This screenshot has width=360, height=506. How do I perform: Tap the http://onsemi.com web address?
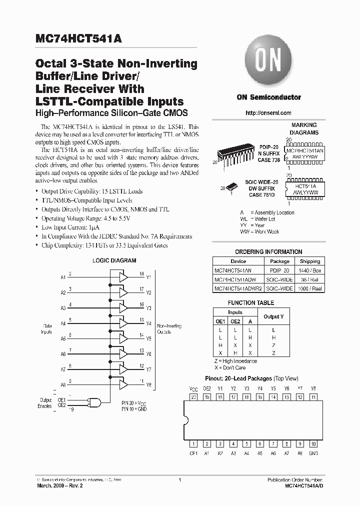[268, 113]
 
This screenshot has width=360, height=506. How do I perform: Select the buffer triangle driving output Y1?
[123, 276]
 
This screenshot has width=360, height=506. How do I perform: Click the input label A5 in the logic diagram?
[63, 338]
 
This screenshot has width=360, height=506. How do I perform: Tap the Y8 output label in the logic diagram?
[148, 385]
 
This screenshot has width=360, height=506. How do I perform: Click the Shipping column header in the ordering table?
[310, 261]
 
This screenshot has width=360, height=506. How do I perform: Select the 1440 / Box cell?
[310, 270]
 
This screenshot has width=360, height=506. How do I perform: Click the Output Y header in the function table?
[273, 316]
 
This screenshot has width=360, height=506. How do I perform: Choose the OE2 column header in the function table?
[235, 321]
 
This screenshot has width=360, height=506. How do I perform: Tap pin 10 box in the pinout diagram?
[313, 443]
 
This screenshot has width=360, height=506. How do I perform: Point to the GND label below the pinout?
[313, 452]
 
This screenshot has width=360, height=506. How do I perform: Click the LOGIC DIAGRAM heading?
[114, 260]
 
